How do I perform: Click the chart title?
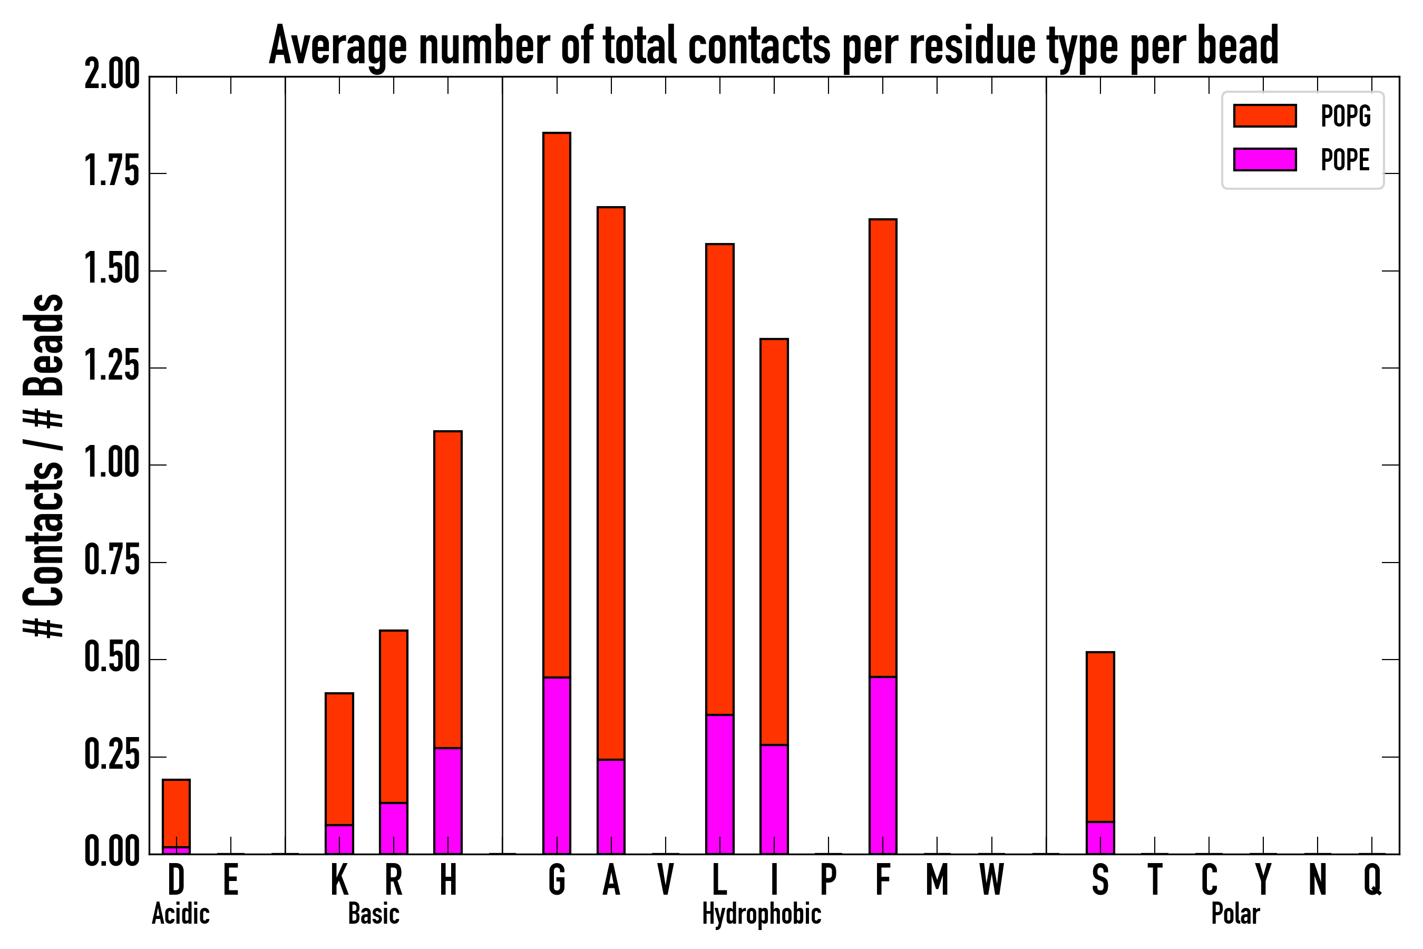773,46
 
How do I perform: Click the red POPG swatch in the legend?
1264,115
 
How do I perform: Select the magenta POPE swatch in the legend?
1264,159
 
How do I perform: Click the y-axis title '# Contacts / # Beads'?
44,465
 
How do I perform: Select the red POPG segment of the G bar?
557,404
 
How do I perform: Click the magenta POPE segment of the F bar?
883,765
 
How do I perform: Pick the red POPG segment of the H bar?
447,589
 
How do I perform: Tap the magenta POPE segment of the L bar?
719,784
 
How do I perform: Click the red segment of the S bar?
1100,737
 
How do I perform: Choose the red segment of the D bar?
176,813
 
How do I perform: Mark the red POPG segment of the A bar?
611,483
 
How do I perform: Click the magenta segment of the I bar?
774,799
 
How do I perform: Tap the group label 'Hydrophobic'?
761,914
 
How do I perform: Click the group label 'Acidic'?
180,914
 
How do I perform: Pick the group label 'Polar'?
1235,914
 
